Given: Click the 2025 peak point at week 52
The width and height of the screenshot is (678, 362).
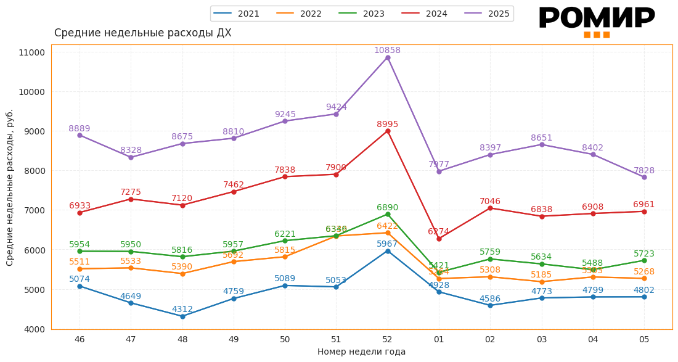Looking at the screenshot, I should (388, 57).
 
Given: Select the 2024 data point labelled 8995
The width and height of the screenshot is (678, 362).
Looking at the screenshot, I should (388, 131).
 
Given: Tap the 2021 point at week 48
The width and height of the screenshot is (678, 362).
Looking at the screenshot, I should (182, 316).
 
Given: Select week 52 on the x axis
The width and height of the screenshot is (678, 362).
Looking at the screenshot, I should (388, 339).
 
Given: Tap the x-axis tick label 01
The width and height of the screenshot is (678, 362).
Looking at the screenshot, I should (439, 339).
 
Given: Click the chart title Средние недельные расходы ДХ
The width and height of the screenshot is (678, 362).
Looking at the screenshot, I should (143, 33).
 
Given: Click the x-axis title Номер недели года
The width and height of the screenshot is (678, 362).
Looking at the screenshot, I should (361, 352).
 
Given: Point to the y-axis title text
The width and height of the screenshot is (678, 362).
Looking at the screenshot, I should (10, 187).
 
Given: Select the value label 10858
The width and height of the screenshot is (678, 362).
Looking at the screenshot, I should (388, 50).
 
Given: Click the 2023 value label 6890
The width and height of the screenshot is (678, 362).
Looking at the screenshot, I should (388, 207).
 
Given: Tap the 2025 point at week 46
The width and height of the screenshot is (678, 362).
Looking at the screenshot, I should (80, 135).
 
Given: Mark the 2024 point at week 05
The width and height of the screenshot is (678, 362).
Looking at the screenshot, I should (644, 212).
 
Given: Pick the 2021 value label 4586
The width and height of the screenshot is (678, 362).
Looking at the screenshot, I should (491, 298).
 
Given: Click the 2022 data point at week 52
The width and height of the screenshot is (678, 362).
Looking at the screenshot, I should (388, 232).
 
